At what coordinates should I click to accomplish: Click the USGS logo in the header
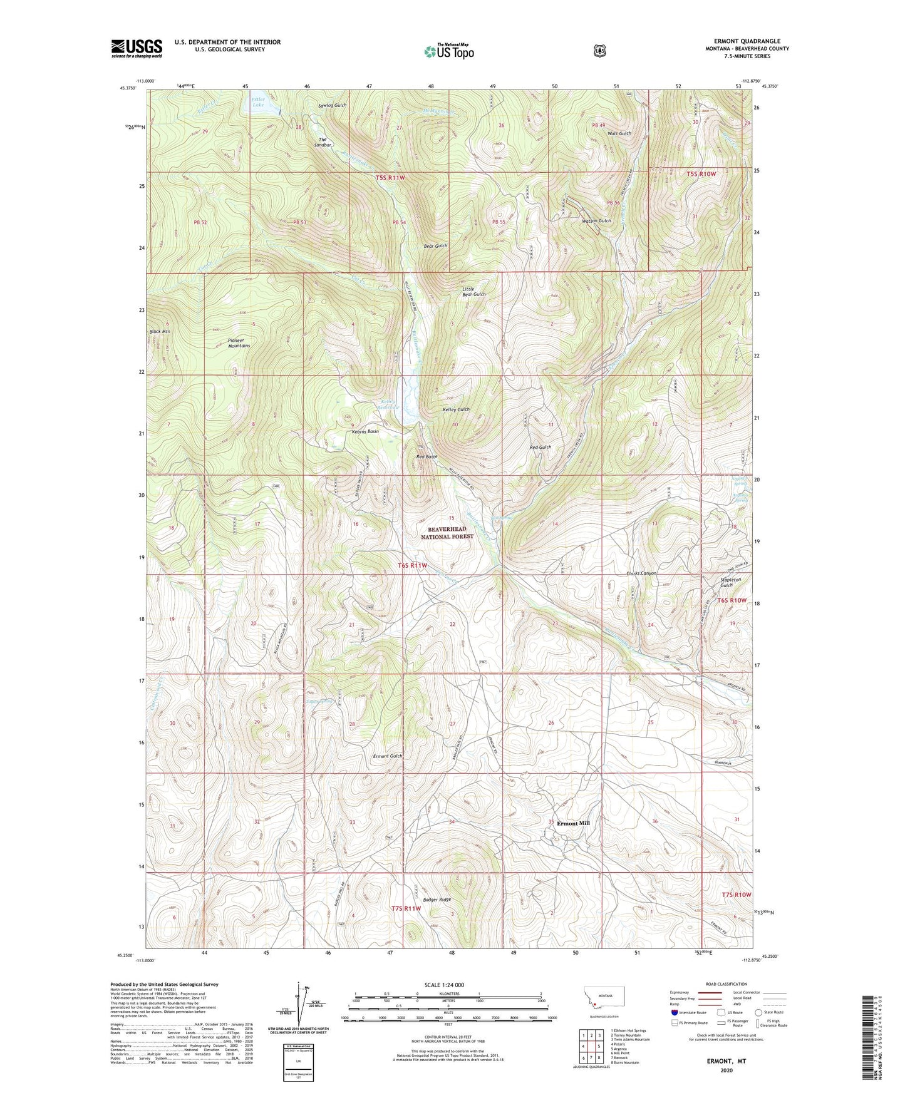tap(137, 48)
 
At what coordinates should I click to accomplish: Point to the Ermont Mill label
tap(573, 824)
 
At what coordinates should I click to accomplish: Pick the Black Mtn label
tap(160, 331)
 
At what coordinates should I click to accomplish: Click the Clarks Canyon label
tap(641, 573)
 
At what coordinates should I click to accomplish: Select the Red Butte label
tap(427, 457)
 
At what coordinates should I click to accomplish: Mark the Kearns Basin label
tap(365, 432)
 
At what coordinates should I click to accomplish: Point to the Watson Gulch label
tap(596, 221)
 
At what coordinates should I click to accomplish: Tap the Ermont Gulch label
tap(387, 756)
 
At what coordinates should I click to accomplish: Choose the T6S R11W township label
tap(413, 566)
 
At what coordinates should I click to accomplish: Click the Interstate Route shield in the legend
tap(674, 1012)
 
